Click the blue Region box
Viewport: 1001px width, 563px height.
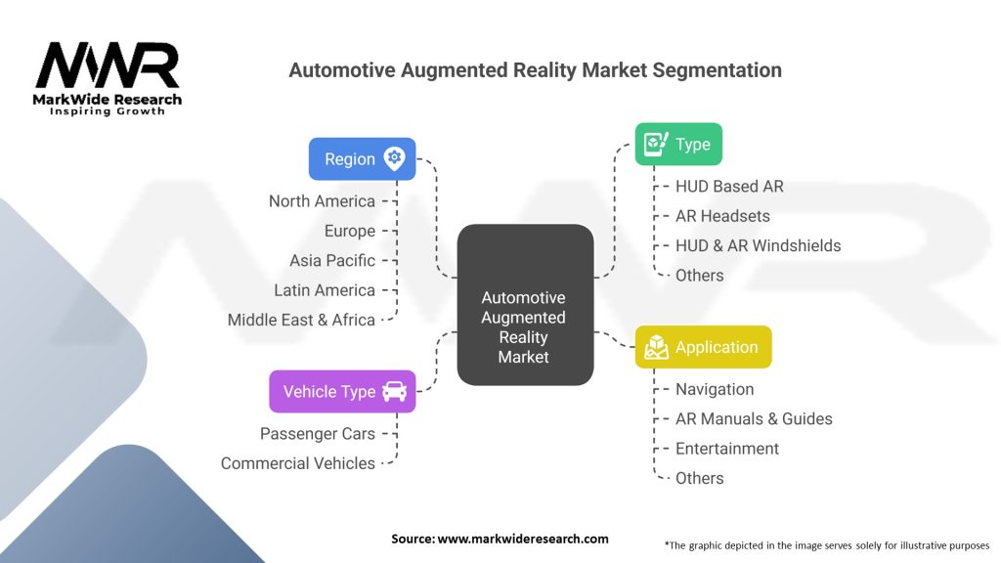click(362, 159)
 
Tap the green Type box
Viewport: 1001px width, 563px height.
click(678, 145)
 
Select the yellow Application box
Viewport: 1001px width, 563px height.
click(703, 347)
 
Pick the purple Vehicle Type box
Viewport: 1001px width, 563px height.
click(342, 391)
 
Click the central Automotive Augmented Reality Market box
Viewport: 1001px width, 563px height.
click(525, 305)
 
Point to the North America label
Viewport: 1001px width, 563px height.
click(322, 201)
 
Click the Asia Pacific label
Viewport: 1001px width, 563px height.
click(332, 260)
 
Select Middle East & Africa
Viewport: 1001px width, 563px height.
click(301, 320)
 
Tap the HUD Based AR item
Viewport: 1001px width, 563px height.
click(729, 187)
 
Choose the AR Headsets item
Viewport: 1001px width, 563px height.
click(722, 216)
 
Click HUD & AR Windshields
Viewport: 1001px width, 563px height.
click(758, 245)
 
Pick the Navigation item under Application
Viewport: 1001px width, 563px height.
click(715, 389)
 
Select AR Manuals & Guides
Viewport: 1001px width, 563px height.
click(754, 418)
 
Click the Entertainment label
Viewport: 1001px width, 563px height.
click(727, 449)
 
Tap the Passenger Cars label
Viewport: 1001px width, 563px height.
click(318, 434)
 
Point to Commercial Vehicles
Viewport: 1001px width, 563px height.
click(298, 463)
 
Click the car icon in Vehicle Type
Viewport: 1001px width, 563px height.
click(395, 391)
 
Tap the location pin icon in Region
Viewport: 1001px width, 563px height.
click(395, 159)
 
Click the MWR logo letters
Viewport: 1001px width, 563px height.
click(108, 65)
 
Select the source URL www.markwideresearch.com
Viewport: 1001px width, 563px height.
click(523, 539)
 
